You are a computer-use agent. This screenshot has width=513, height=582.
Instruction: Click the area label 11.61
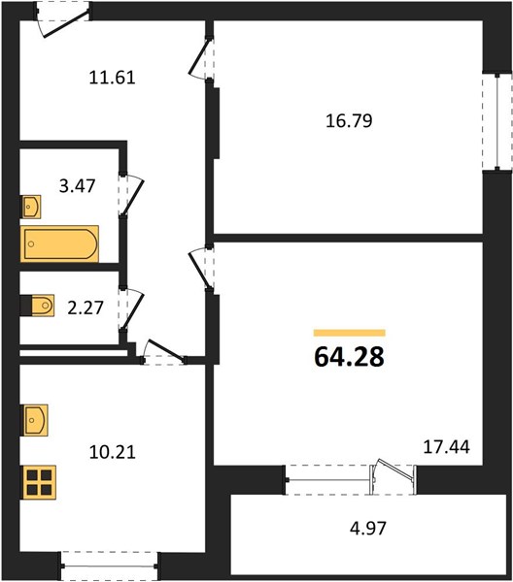pyautogui.click(x=113, y=78)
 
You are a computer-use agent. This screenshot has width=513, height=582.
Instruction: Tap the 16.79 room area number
pyautogui.click(x=349, y=121)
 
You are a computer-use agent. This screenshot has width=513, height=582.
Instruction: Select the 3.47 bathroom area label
pyautogui.click(x=78, y=186)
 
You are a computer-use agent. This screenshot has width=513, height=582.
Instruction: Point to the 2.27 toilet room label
pyautogui.click(x=85, y=307)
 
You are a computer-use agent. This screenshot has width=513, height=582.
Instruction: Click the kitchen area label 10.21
pyautogui.click(x=113, y=452)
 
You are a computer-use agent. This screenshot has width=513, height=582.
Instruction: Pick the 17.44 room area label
pyautogui.click(x=447, y=447)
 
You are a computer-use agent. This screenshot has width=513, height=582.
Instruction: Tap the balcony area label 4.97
pyautogui.click(x=368, y=529)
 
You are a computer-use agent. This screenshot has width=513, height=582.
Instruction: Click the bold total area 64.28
pyautogui.click(x=349, y=357)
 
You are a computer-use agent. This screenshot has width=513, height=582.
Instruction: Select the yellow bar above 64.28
pyautogui.click(x=350, y=333)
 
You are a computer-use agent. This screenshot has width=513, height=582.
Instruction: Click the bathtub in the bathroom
pyautogui.click(x=59, y=243)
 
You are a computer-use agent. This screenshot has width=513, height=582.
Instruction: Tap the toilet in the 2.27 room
pyautogui.click(x=38, y=306)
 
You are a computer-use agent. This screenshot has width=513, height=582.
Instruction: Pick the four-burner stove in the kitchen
pyautogui.click(x=39, y=482)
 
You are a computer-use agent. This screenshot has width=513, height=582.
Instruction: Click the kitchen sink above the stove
pyautogui.click(x=35, y=420)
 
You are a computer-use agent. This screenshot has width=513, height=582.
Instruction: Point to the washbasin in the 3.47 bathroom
pyautogui.click(x=31, y=207)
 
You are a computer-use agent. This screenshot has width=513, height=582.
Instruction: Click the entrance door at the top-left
pyautogui.click(x=63, y=19)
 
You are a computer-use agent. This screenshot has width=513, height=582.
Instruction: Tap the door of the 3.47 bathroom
pyautogui.click(x=131, y=194)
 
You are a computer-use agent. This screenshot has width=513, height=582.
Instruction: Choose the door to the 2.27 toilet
pyautogui.click(x=131, y=308)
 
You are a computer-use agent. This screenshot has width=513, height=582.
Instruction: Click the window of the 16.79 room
pyautogui.click(x=497, y=122)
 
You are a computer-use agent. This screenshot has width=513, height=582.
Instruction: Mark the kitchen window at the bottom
pyautogui.click(x=109, y=566)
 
